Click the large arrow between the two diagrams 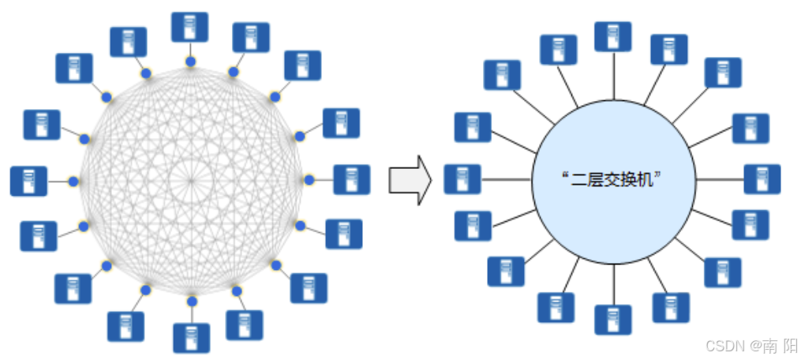410,180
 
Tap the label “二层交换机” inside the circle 613,180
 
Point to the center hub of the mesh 191,181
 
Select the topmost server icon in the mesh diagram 190,27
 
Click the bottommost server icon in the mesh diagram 191,337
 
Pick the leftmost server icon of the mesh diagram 28,181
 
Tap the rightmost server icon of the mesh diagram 351,180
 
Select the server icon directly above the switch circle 612,37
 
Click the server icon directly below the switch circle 612,320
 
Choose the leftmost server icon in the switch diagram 462,179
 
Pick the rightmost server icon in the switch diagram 762,179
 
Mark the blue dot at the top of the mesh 190,60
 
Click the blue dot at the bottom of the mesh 191,301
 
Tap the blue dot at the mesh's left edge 73,182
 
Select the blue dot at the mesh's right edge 309,181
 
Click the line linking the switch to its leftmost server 506,179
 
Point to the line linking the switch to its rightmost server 719,179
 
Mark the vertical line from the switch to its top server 612,75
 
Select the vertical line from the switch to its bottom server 612,284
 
